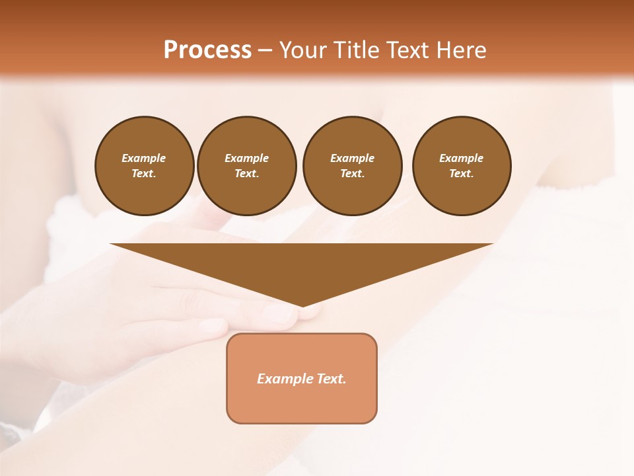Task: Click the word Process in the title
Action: tap(207, 50)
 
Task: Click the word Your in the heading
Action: tap(303, 50)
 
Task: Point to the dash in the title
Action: tap(265, 51)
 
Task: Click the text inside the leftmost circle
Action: tap(144, 166)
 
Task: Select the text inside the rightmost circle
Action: tap(461, 166)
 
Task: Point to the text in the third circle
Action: tap(352, 166)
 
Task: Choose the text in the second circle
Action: tap(246, 166)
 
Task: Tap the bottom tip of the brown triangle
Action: tap(302, 305)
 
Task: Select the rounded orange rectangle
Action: tap(302, 403)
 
